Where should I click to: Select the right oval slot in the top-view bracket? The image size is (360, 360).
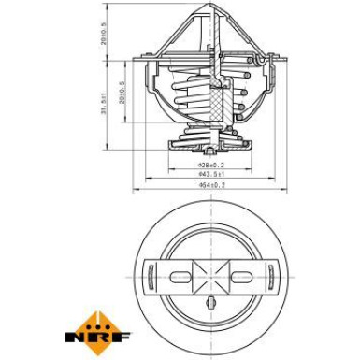242,275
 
